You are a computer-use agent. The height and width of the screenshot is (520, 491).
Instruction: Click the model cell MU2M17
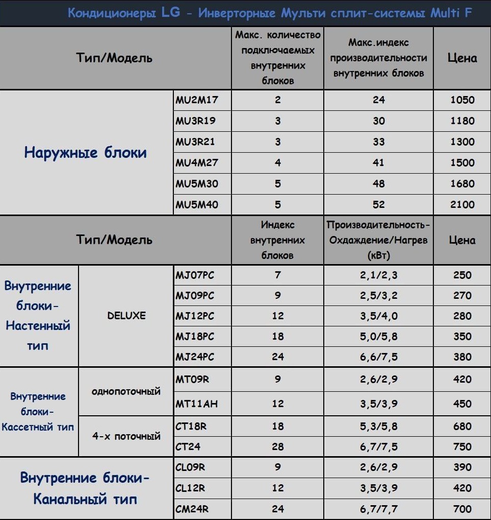(197, 100)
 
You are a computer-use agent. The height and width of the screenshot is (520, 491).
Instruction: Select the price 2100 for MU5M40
(462, 205)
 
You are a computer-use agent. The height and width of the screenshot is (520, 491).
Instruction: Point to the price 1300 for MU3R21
(462, 142)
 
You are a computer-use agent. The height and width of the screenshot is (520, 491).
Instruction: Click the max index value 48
(378, 184)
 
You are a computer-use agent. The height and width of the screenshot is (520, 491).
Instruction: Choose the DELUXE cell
(126, 316)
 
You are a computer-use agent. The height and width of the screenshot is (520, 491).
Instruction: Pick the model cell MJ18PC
(195, 337)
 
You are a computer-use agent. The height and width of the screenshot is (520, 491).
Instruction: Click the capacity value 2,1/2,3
(378, 275)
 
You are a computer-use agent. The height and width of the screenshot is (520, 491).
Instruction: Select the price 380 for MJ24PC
(462, 357)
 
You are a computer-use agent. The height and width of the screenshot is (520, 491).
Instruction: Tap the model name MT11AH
(197, 404)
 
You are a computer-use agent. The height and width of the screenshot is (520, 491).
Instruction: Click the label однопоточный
(126, 392)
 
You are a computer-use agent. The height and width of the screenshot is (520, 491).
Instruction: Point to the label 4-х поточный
(126, 436)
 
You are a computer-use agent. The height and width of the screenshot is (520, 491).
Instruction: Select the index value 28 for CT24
(277, 447)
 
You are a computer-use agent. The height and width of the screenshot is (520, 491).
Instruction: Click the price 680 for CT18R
(462, 426)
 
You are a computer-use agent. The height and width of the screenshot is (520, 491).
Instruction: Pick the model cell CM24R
(192, 509)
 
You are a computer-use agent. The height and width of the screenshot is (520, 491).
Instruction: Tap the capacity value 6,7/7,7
(378, 509)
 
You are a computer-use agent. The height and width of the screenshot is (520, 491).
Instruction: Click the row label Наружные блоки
(86, 153)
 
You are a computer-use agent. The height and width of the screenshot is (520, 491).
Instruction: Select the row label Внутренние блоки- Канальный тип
(86, 488)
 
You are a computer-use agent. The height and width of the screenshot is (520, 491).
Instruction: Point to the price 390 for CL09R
(462, 467)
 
